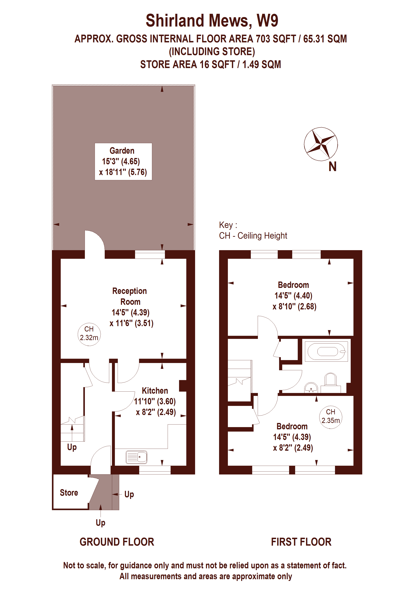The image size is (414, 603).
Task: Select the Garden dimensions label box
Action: coord(123,161)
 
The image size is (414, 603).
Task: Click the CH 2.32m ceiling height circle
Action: coord(89,334)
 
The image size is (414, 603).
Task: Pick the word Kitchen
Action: coord(155,391)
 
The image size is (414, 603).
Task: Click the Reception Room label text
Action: coord(130,296)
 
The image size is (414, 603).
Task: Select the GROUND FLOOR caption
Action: coord(117,542)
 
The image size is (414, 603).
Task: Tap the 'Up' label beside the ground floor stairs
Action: coord(72,447)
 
